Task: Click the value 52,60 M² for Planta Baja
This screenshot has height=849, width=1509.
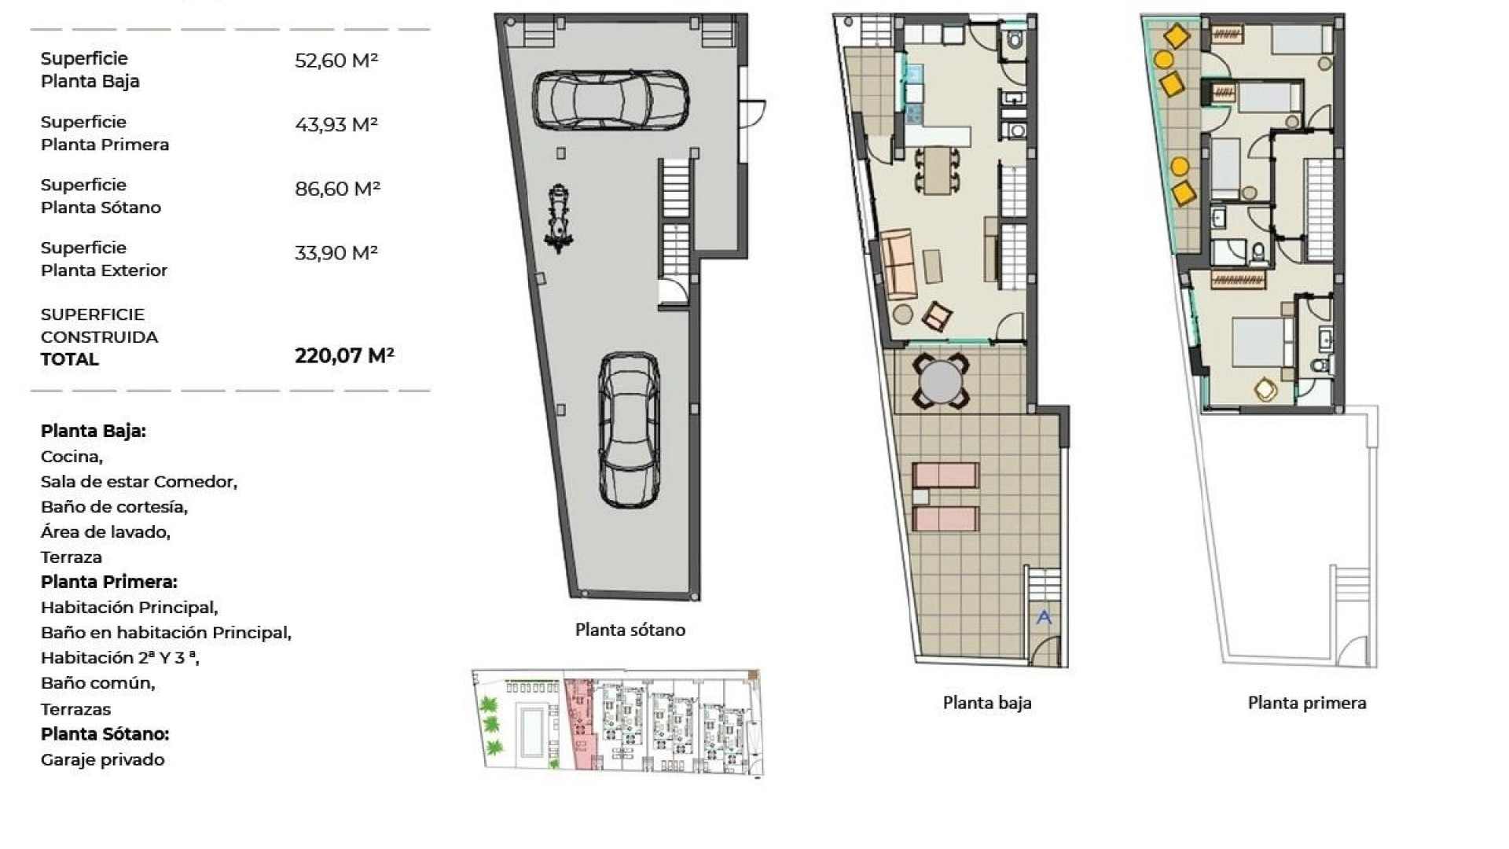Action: tap(336, 61)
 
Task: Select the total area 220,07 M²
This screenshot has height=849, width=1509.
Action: tap(344, 356)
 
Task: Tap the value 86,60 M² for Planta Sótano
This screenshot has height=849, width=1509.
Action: tap(337, 189)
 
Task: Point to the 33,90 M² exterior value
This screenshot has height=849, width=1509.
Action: tap(336, 252)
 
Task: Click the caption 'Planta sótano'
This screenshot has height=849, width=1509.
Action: tap(630, 630)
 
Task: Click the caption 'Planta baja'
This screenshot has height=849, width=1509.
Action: tap(987, 703)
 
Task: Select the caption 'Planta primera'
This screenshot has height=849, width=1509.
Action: tap(1307, 703)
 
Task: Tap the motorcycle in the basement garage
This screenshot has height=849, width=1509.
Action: tap(559, 219)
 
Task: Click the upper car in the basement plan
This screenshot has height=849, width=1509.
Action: tap(611, 99)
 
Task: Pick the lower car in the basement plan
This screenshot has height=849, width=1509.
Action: tap(629, 429)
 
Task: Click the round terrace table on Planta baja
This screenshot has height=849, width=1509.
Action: tap(940, 381)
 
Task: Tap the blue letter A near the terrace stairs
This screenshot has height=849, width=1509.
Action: tap(1044, 617)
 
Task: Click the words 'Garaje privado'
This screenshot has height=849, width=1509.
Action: tap(103, 759)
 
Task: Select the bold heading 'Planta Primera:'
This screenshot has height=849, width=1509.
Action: tap(109, 582)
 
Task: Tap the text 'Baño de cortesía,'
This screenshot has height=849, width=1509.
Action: tap(114, 507)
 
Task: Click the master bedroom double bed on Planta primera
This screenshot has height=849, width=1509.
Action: tap(1259, 342)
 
